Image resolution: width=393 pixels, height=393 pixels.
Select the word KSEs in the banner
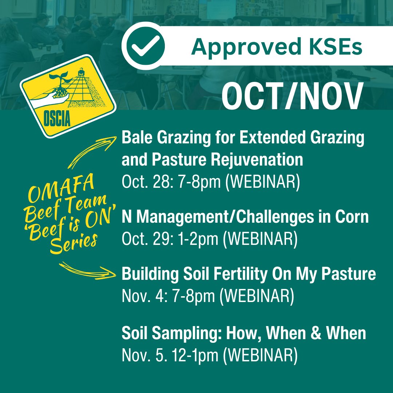[330, 46]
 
